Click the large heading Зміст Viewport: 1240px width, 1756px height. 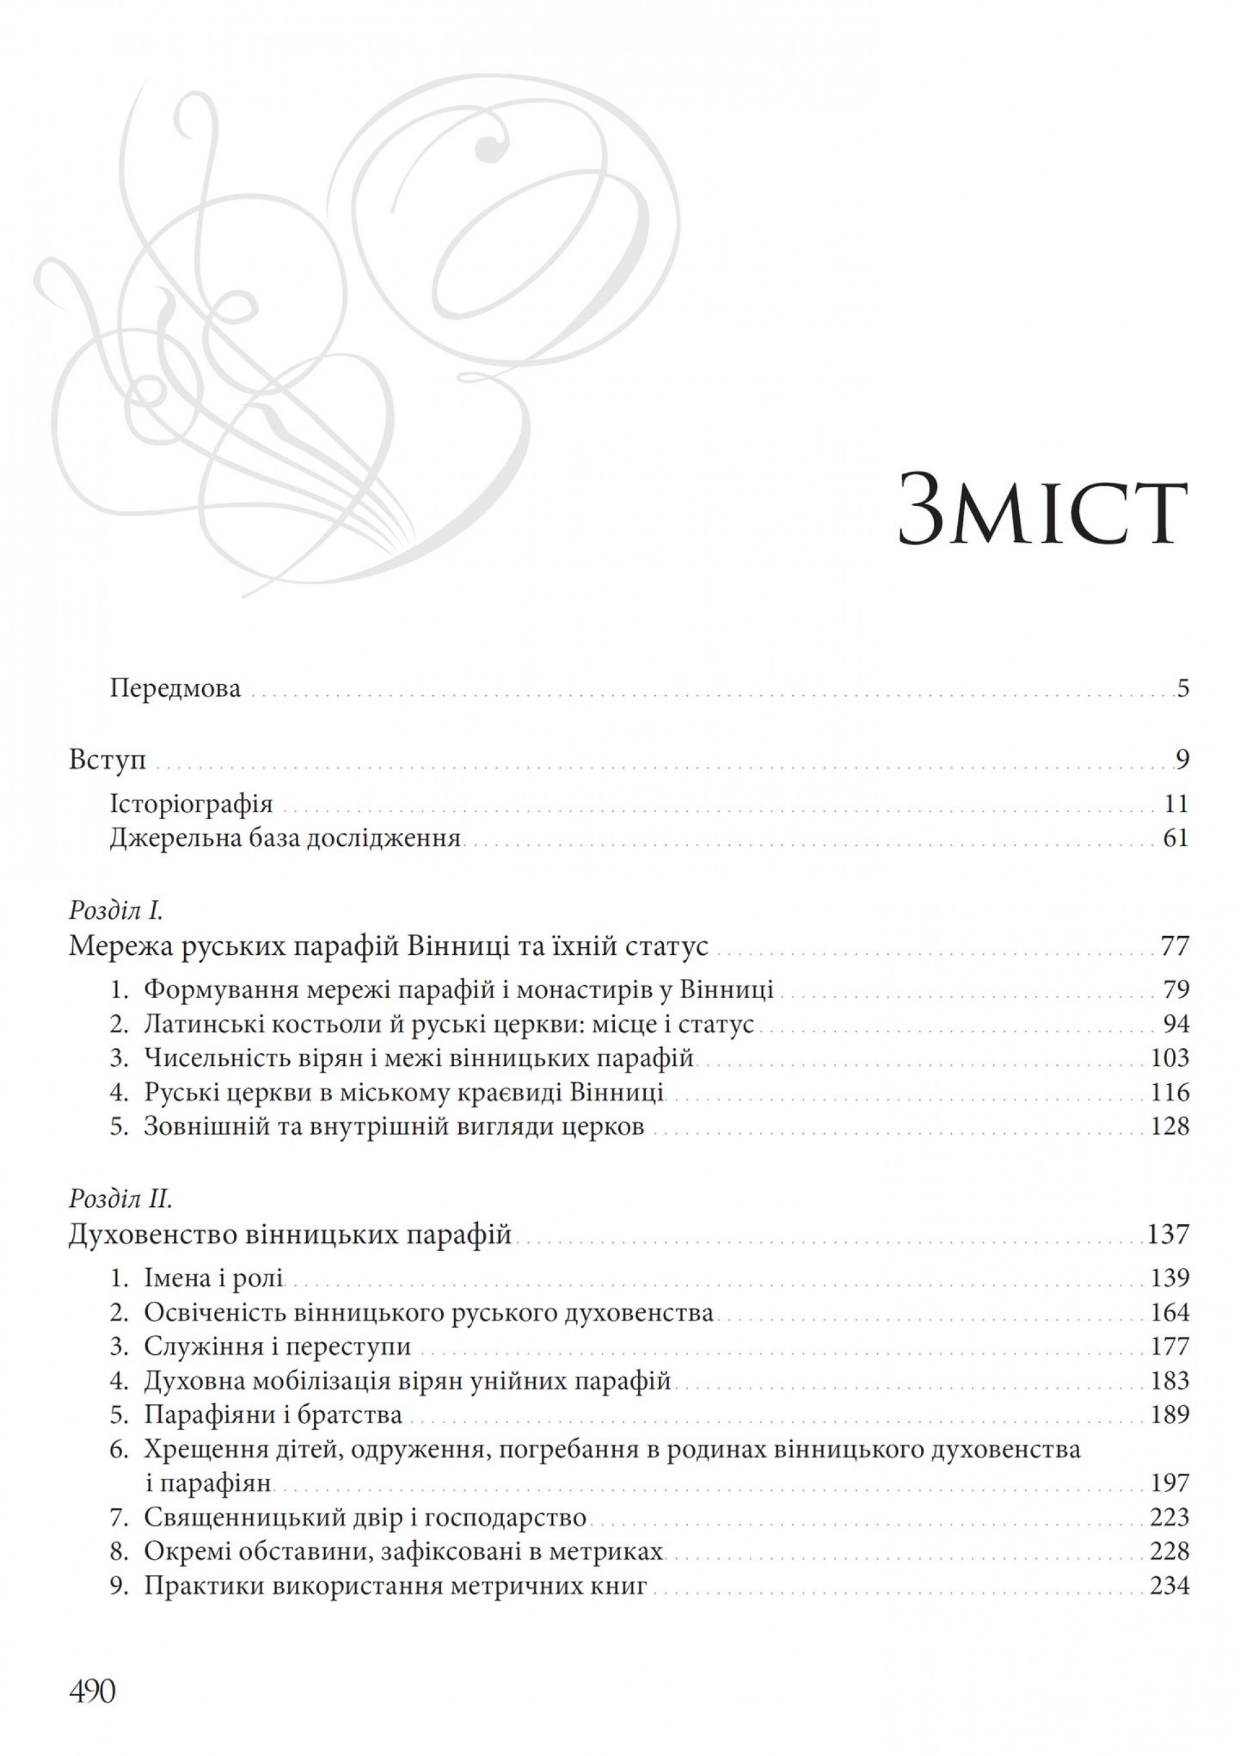tap(1042, 511)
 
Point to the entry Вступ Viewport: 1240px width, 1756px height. tap(108, 760)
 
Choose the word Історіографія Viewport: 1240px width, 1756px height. tap(191, 804)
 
